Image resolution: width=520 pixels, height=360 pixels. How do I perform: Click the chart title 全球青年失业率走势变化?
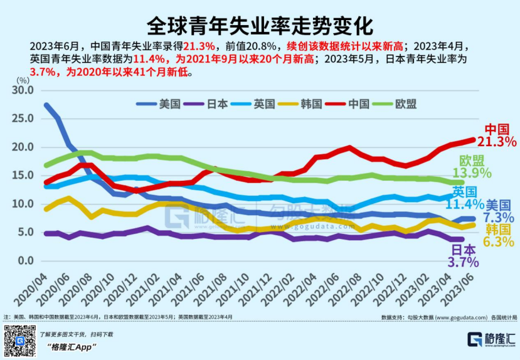[260, 26]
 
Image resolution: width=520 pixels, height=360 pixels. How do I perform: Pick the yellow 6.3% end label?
[499, 241]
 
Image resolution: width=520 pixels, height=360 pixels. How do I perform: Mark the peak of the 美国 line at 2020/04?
[47, 105]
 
